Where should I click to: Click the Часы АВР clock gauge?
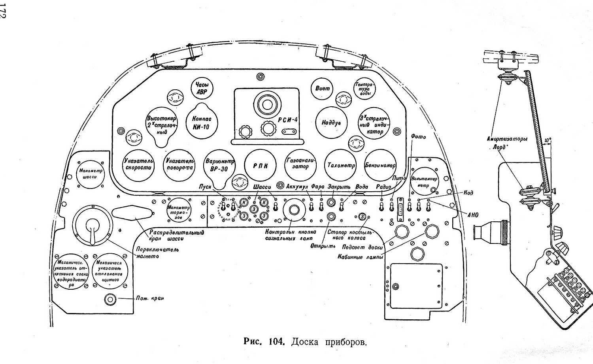coord(202,88)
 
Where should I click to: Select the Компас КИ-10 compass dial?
coord(202,123)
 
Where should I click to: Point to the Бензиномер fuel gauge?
coord(380,166)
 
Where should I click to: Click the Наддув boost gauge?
coord(331,123)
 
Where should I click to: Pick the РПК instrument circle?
coord(261,166)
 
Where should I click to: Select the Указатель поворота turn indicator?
coord(180,166)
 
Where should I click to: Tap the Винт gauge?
coord(323,89)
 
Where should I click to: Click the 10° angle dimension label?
coord(547,140)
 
